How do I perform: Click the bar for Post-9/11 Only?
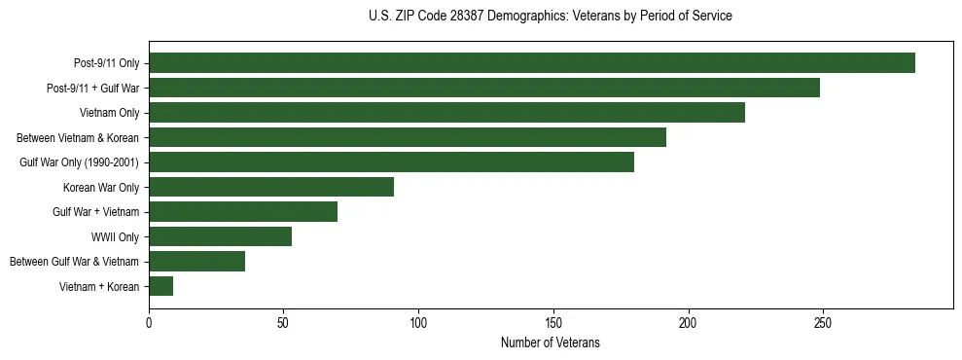click(532, 63)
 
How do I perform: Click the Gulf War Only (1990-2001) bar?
click(391, 162)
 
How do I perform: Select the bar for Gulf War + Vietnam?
click(243, 212)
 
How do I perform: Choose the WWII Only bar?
click(220, 236)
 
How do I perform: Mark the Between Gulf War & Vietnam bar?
click(196, 262)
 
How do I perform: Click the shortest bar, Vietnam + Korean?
click(161, 286)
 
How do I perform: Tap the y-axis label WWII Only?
click(115, 236)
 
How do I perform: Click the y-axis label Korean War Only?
click(101, 187)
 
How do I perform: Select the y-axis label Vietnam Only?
click(109, 113)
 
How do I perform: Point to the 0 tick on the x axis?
click(149, 322)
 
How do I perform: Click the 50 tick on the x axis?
click(284, 322)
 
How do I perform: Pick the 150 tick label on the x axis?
click(553, 322)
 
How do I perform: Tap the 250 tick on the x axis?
click(823, 322)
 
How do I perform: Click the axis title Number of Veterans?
click(551, 342)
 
